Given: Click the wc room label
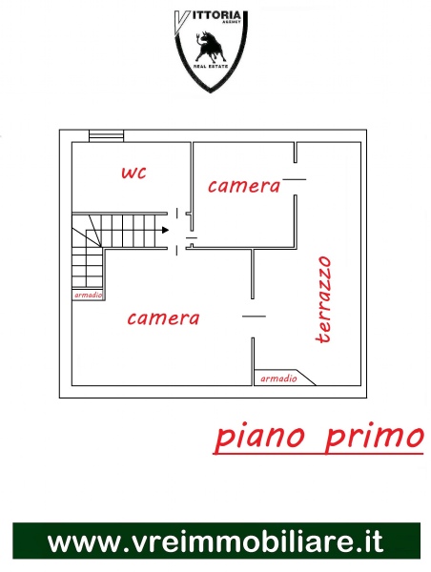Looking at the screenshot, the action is coord(133,173).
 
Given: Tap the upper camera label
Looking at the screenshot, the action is coord(244,186).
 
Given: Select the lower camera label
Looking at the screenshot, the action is coord(163,318).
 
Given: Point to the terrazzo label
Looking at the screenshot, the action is coord(323,299).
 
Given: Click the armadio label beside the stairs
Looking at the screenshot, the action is coord(89,296).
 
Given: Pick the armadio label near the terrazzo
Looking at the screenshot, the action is coord(278,378).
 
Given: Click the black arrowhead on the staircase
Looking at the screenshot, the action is coord(165,230).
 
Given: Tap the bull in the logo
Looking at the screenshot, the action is coord(210,47).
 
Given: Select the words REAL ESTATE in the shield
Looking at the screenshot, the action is coord(211,66).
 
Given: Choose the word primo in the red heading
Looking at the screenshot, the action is coord(375,436).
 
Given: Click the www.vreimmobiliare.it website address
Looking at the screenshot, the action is coord(215,541).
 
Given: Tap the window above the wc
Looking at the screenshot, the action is coord(107,135).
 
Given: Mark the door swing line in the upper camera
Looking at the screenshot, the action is coord(295,179).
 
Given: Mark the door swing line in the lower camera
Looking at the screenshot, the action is coord(254,317).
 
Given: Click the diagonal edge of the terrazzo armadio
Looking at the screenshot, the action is coord(307,378).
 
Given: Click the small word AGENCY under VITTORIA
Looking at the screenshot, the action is coord(232,22).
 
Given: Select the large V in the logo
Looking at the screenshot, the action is coord(181,22).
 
